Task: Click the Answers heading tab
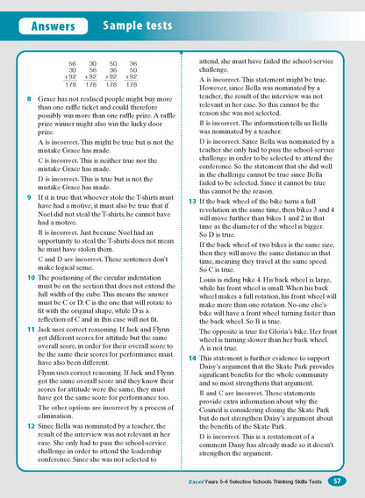54,28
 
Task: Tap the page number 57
337,480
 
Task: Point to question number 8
30,102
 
